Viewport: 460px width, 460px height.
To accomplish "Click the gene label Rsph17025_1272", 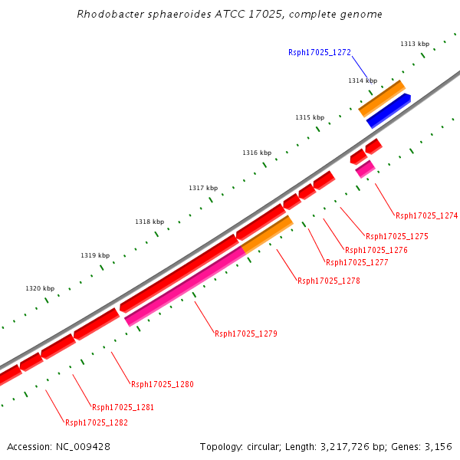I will click(x=319, y=52).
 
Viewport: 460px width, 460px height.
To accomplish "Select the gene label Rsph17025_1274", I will click(x=426, y=215).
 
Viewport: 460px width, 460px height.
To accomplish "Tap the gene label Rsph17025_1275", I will click(x=396, y=236).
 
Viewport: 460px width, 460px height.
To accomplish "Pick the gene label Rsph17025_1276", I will click(x=376, y=250).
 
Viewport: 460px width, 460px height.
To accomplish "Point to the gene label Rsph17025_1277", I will click(x=356, y=262).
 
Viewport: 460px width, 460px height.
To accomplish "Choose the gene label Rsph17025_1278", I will click(x=328, y=281).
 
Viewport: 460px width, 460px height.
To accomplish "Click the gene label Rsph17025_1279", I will click(x=245, y=333).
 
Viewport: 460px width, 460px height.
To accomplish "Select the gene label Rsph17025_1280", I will click(x=162, y=384).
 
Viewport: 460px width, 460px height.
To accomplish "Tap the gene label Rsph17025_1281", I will click(x=123, y=407).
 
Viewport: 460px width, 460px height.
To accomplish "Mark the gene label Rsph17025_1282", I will click(x=96, y=422).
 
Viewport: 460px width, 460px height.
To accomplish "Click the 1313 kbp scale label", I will click(x=415, y=44).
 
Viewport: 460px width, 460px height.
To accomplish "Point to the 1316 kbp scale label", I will click(x=257, y=153).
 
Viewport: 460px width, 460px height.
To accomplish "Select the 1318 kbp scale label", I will click(x=149, y=222).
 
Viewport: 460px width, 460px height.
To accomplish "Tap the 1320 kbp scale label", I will click(x=40, y=289).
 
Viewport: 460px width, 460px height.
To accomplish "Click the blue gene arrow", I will click(x=388, y=111).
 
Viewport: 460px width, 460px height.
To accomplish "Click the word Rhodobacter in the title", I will click(x=110, y=15).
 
